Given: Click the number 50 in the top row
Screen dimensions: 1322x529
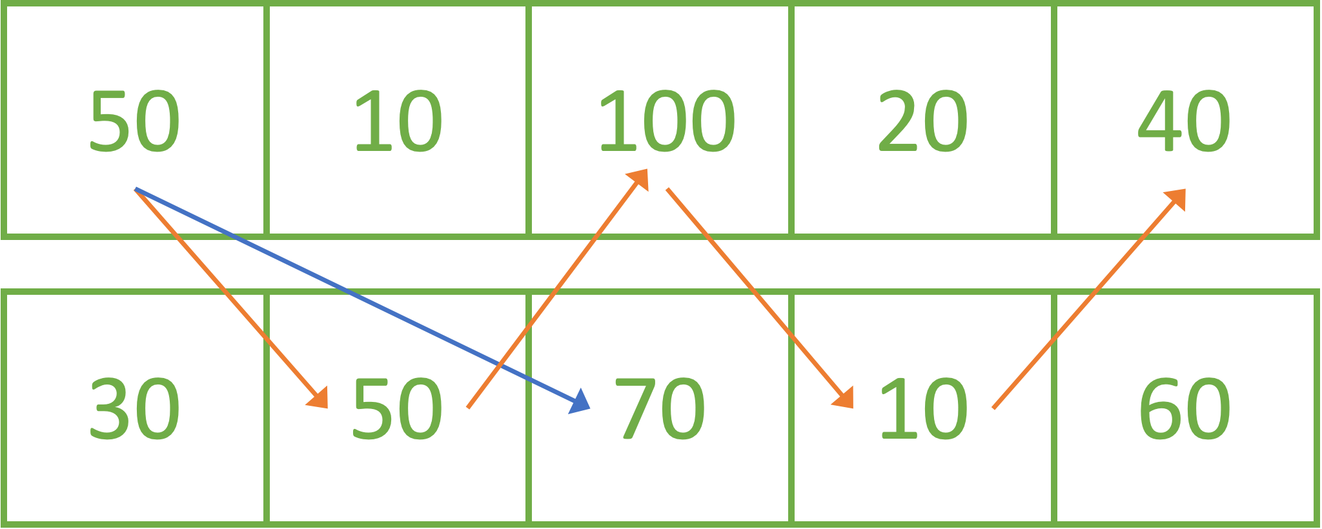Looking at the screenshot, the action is (134, 121).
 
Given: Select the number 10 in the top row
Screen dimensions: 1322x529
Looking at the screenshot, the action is (398, 121).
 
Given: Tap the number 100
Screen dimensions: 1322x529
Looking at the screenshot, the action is (666, 121).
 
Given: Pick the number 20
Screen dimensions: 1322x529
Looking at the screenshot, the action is (922, 121).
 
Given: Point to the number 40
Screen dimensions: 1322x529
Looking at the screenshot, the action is (1184, 121).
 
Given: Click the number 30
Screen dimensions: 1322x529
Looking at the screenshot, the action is (134, 409).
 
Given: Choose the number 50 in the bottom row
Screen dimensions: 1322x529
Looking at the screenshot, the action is (396, 409).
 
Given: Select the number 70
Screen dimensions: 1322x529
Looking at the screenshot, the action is (660, 409).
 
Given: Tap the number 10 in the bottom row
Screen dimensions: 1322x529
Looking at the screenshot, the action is (922, 409).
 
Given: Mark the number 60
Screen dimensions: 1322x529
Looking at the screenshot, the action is (1184, 409).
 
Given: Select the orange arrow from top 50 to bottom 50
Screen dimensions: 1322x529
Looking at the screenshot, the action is (226, 294).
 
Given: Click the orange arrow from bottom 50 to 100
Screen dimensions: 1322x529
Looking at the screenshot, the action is (555, 290).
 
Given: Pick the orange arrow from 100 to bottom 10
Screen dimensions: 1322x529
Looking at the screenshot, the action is (755, 294).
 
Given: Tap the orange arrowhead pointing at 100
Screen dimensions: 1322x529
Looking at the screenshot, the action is (639, 179).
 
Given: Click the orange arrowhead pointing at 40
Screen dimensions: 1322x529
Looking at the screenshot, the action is (1176, 198).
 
